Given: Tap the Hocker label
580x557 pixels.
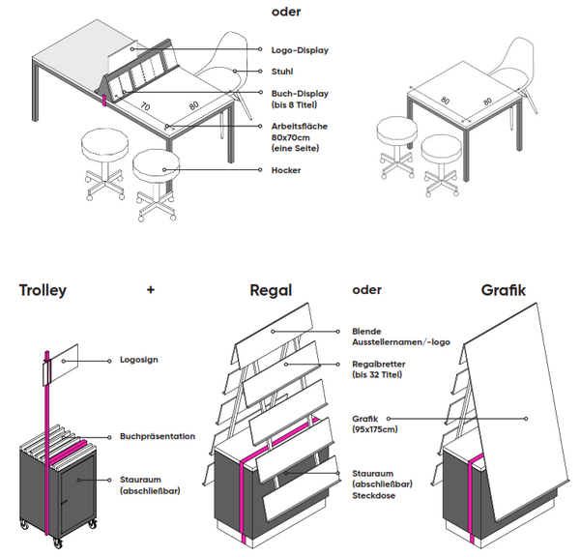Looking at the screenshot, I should [x=285, y=170].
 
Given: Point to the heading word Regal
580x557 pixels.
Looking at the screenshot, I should [x=271, y=290].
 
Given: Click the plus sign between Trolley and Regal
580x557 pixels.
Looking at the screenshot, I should [x=150, y=289].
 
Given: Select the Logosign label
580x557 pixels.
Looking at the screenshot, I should [x=139, y=360].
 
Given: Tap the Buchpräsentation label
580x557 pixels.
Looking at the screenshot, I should [x=158, y=437].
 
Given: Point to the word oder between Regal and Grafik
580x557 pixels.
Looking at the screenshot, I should [x=366, y=289].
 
